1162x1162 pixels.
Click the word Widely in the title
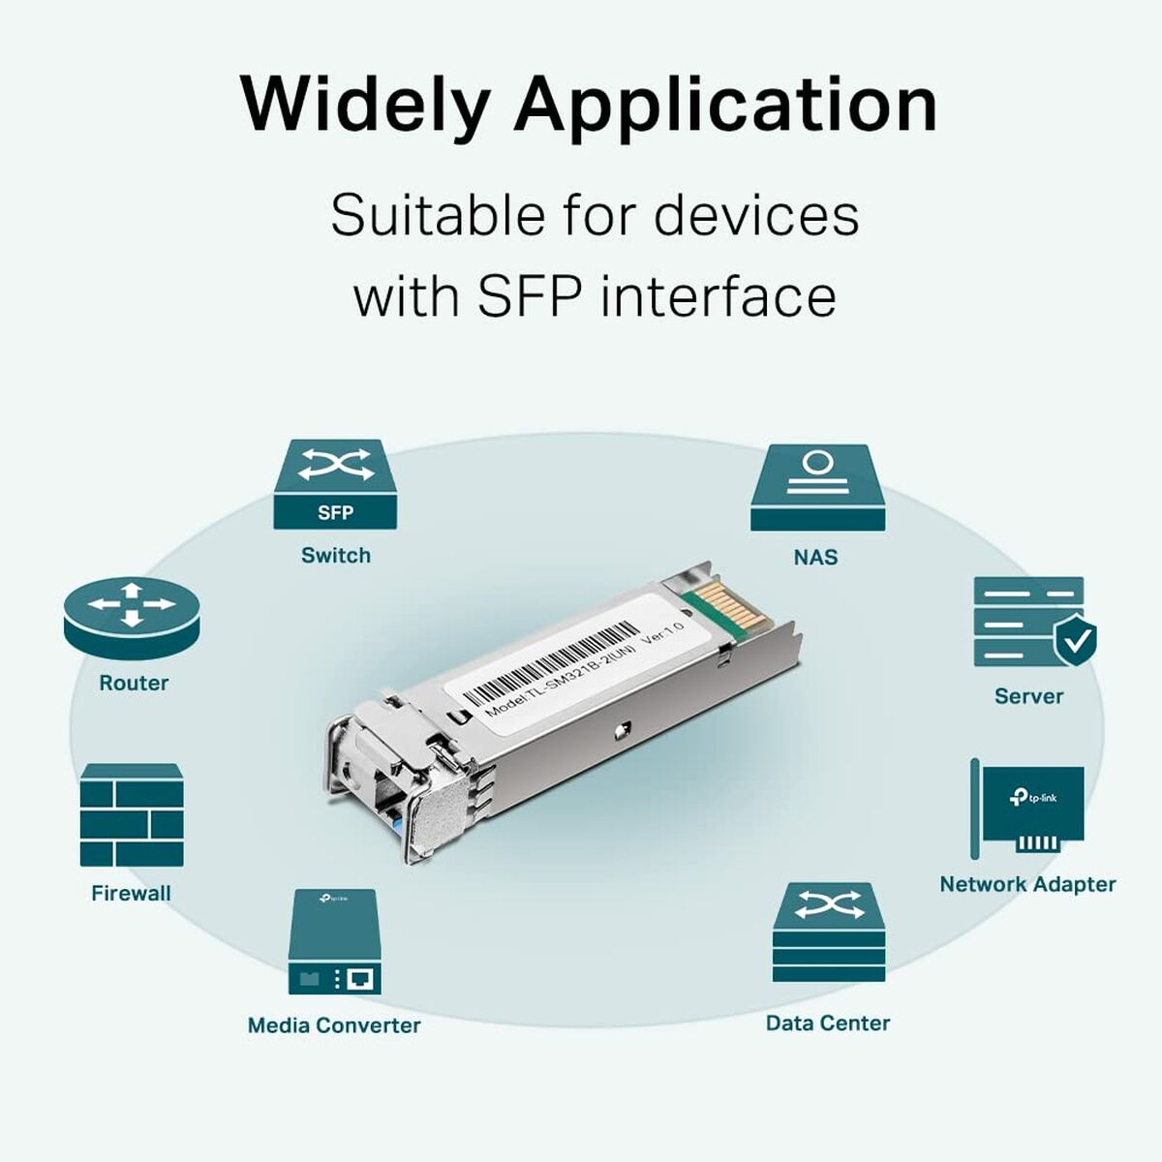click(366, 105)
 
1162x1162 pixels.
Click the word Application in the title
click(725, 105)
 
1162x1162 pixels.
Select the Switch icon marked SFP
click(335, 485)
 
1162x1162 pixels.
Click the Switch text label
click(335, 556)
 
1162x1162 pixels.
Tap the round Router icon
click(132, 619)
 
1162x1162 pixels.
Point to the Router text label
click(134, 684)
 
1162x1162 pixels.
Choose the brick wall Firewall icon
click(132, 814)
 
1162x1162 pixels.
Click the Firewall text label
click(131, 894)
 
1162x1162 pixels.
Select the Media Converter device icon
click(334, 941)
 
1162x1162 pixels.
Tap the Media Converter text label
click(334, 1025)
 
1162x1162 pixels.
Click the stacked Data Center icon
click(829, 932)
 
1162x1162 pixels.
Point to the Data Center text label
click(828, 1024)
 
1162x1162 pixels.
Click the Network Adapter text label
click(1027, 884)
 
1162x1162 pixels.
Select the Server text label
click(1028, 696)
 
